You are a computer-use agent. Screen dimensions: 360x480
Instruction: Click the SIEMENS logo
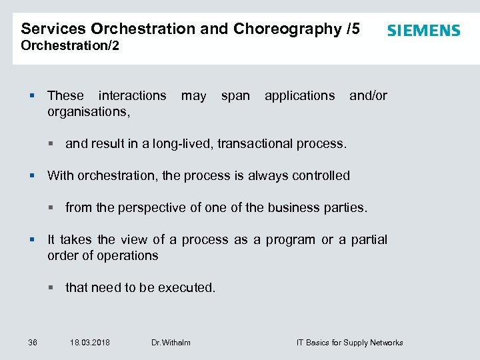(423, 31)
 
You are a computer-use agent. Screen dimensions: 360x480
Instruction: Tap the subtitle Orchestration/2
(70, 46)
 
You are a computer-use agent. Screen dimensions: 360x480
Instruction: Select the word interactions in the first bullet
(132, 95)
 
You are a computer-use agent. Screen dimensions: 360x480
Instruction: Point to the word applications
(299, 95)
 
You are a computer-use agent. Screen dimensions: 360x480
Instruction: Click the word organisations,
(89, 111)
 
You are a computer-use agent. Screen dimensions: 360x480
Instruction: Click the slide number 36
(33, 343)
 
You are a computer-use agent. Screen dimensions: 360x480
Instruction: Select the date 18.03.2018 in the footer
(90, 343)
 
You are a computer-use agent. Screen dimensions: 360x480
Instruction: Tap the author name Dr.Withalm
(171, 343)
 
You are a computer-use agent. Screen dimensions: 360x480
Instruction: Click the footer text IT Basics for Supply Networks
(349, 343)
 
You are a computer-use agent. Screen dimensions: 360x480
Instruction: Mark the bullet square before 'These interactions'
(31, 96)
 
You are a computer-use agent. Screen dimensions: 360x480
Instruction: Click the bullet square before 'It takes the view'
(31, 240)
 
